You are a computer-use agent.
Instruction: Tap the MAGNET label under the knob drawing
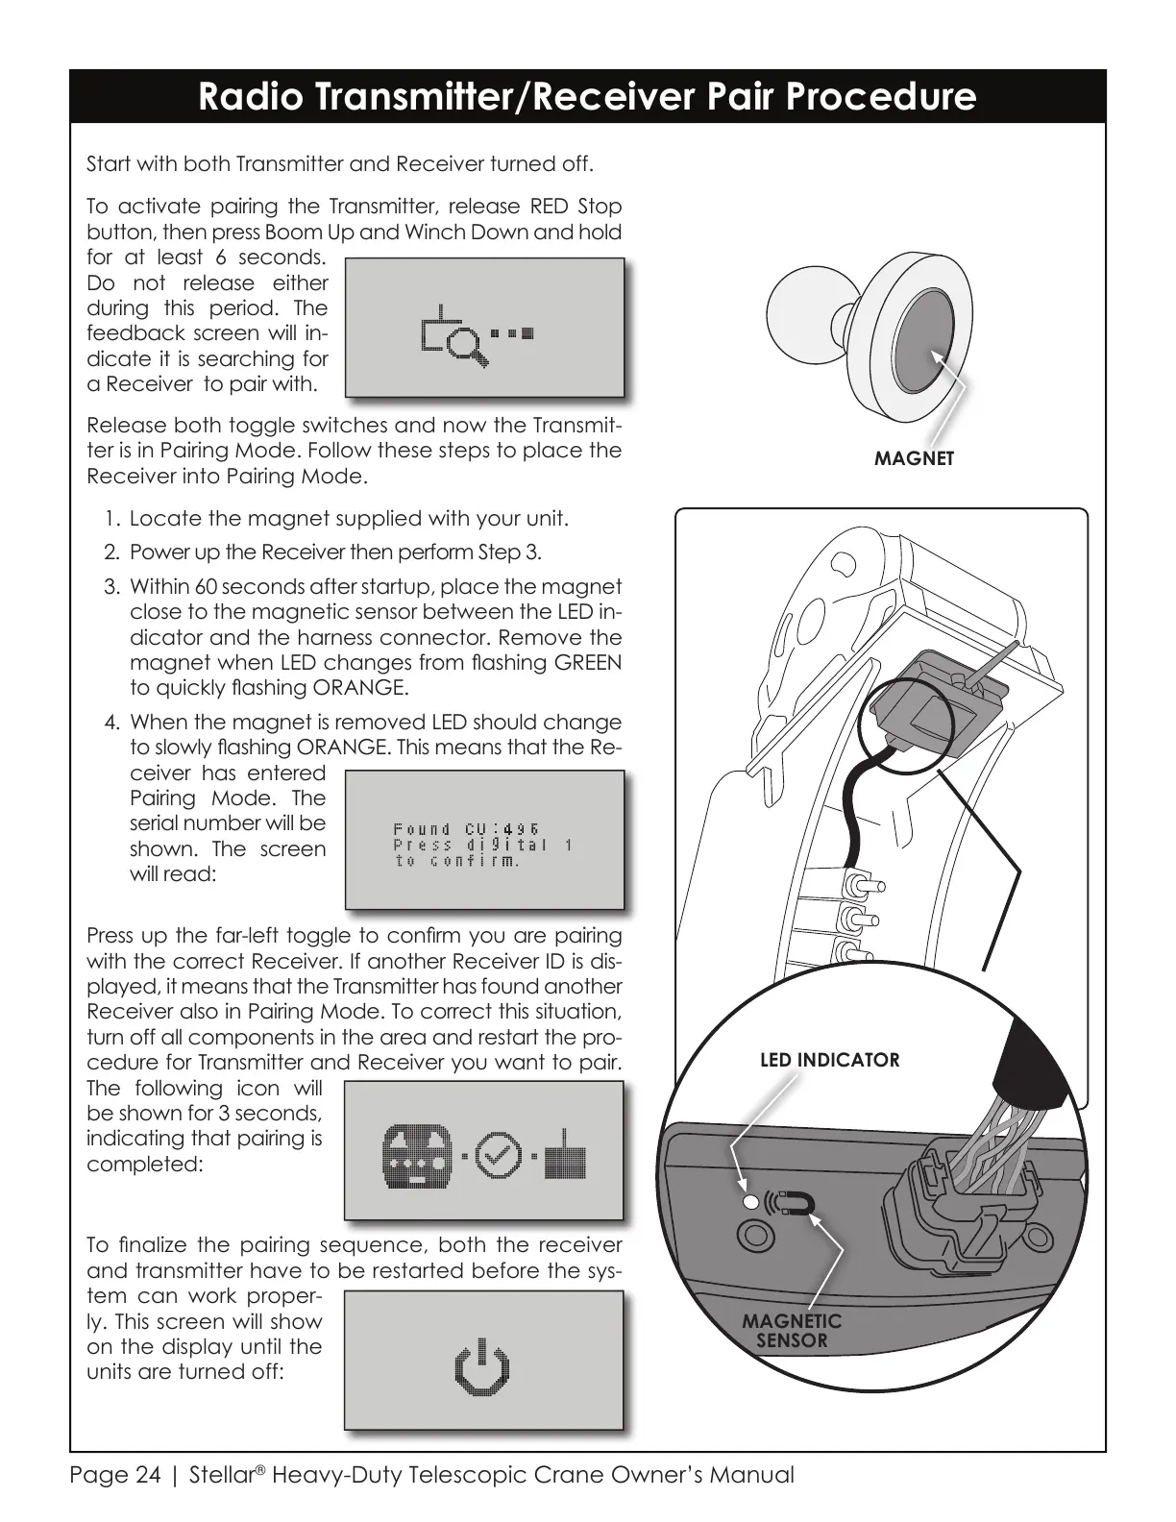click(914, 458)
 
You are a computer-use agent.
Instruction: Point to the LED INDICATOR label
click(829, 1060)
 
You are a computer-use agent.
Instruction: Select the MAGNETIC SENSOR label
click(791, 1331)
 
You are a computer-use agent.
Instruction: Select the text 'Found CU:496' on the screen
click(466, 829)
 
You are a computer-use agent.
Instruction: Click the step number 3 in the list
click(112, 587)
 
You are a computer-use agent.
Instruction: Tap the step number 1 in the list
click(112, 520)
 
